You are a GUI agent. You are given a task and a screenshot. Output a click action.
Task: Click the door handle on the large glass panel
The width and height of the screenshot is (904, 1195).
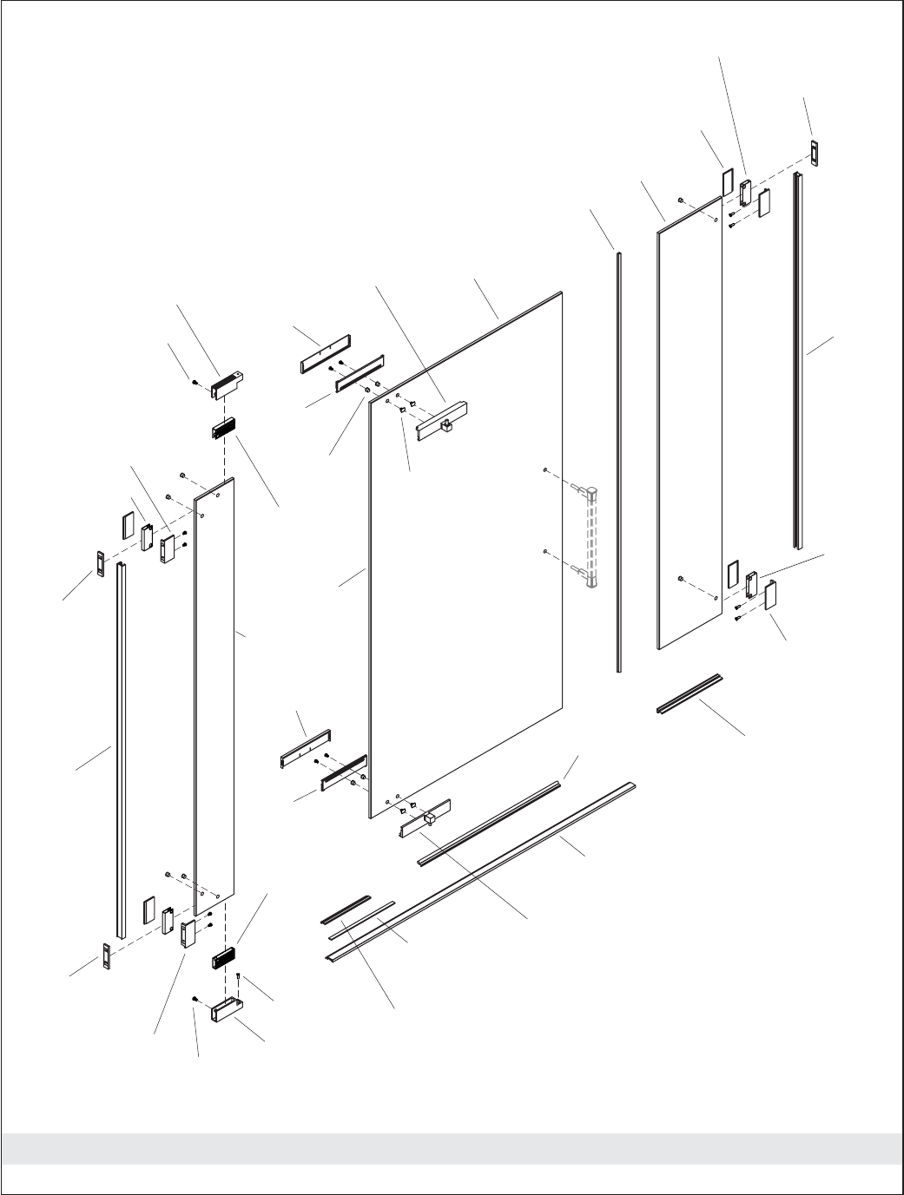[592, 538]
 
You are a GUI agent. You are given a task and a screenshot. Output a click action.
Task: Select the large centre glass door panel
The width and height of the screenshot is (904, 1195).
[469, 555]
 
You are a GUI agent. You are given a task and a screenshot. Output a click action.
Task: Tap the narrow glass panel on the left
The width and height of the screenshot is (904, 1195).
[214, 694]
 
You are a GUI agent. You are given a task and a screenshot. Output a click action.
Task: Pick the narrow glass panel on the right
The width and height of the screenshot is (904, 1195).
[690, 425]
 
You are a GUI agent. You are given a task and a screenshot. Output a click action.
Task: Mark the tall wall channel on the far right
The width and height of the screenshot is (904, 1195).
[797, 360]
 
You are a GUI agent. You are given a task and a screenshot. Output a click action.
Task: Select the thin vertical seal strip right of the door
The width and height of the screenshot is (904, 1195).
[619, 460]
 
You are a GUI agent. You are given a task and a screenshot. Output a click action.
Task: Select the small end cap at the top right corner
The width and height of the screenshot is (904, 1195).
[815, 152]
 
